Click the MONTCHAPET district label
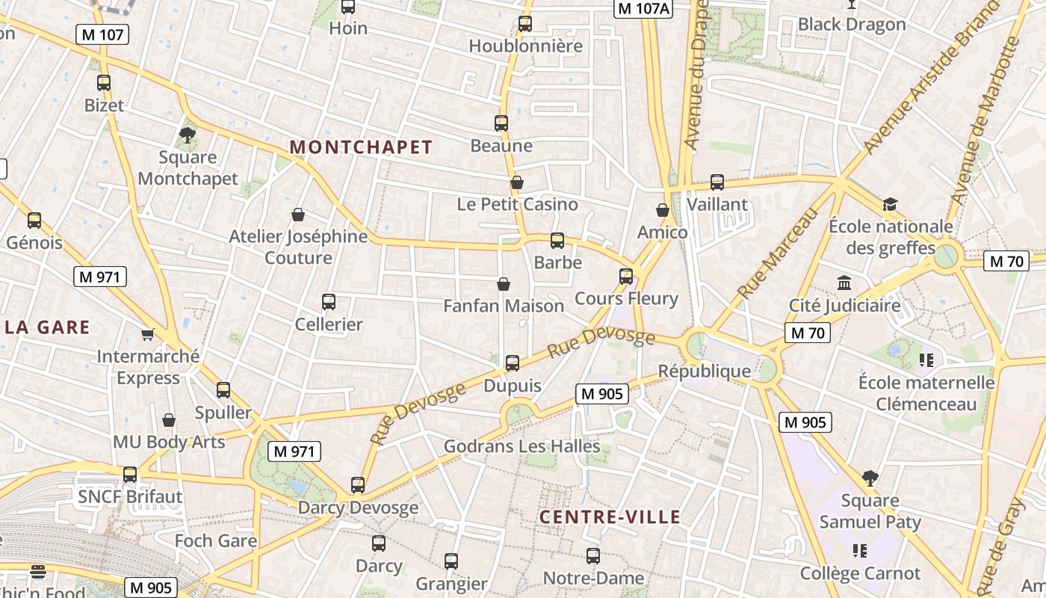coord(361,147)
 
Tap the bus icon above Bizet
coord(104,83)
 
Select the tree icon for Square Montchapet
coord(188,135)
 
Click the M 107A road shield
coord(644,9)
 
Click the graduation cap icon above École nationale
coord(889,204)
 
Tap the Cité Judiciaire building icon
coord(845,283)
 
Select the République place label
coord(705,371)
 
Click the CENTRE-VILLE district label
coord(610,517)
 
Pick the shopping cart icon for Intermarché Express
coord(148,334)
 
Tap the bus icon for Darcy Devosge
coord(358,485)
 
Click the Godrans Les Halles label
coord(522,446)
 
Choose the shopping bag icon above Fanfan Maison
coord(504,284)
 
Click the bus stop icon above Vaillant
coord(717,182)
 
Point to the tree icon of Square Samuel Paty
coord(870,478)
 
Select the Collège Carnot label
coord(860,573)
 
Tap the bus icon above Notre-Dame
coord(593,556)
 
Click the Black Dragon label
coord(852,25)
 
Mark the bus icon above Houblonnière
coord(525,24)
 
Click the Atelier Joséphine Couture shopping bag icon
coord(298,215)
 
